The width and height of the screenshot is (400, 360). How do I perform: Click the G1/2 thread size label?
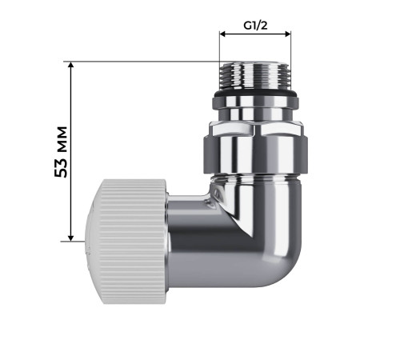(x=255, y=25)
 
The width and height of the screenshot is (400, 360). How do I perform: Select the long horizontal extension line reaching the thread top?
(x=144, y=62)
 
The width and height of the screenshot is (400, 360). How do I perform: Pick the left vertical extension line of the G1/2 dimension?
(x=220, y=48)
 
